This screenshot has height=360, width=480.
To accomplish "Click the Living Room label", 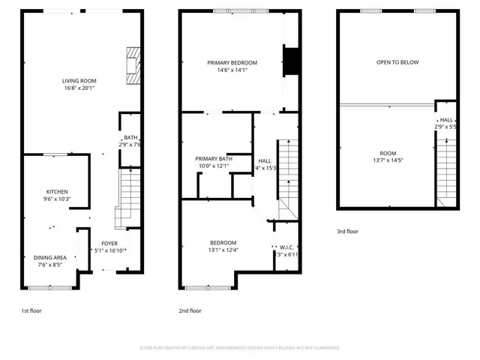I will click(x=79, y=80).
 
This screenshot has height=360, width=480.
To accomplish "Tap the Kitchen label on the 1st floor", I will click(x=58, y=192).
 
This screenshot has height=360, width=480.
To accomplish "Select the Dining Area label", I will click(x=51, y=257).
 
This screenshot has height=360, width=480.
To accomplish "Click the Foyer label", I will click(x=109, y=244).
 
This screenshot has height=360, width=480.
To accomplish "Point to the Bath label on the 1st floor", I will click(x=130, y=137).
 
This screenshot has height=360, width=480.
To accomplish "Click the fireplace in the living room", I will click(x=133, y=66).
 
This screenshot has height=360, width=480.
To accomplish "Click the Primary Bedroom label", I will click(x=232, y=62).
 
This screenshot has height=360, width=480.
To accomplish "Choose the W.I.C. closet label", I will click(x=286, y=247).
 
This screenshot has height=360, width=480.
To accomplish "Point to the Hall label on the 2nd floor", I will click(x=265, y=160).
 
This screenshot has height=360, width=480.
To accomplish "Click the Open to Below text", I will click(x=397, y=62).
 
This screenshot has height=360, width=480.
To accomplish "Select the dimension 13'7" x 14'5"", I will click(x=388, y=160).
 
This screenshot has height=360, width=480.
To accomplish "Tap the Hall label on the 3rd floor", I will click(x=445, y=120).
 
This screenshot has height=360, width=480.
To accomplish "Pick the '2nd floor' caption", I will click(x=190, y=310).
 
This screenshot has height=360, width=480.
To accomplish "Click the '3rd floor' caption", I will click(x=348, y=232).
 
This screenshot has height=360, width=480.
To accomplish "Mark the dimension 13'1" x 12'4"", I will click(x=223, y=250).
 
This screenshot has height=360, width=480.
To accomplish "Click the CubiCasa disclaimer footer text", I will click(x=240, y=348).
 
